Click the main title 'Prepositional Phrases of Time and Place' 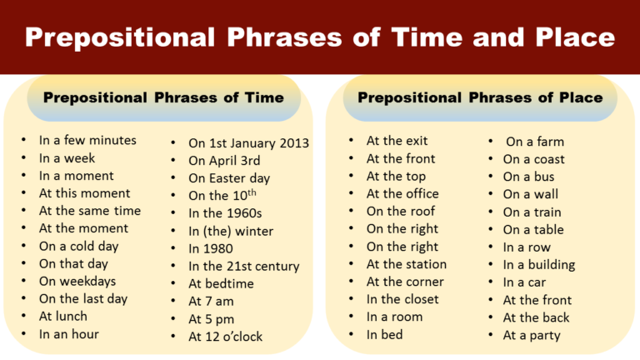[320, 37]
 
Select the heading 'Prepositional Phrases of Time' [163, 97]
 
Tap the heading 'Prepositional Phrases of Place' [480, 97]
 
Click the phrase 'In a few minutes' [87, 141]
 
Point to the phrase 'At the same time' [90, 211]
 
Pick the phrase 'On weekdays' [77, 281]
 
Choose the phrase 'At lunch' [63, 316]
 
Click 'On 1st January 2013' [248, 143]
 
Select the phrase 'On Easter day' [229, 178]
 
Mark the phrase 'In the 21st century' [243, 267]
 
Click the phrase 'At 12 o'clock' [225, 337]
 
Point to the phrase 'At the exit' [397, 141]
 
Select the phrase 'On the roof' [400, 211]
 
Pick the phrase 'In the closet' [402, 298]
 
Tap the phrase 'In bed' [384, 334]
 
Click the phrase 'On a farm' [535, 142]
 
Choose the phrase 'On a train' [533, 212]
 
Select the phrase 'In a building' [539, 265]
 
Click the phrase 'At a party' [532, 336]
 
